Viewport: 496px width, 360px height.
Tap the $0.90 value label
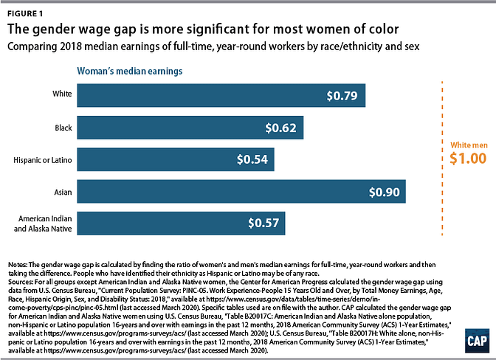click(x=386, y=191)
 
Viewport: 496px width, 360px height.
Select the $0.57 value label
click(x=264, y=223)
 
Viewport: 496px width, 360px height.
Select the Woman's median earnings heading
click(x=131, y=72)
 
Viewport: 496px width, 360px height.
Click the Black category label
click(x=63, y=128)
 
